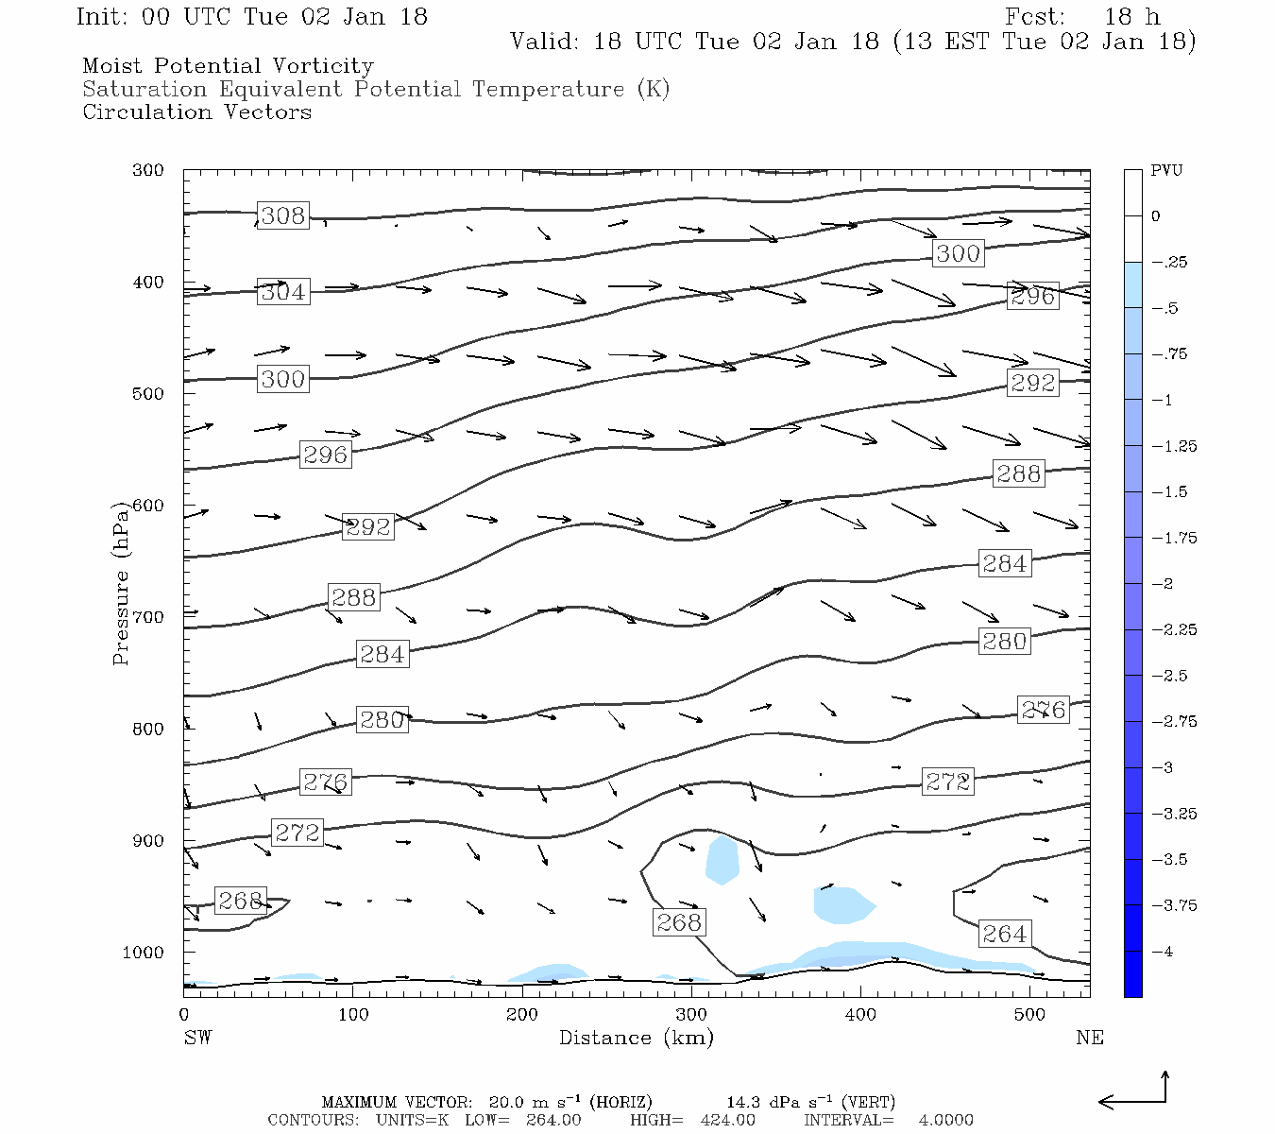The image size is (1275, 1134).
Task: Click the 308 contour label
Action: point(283,215)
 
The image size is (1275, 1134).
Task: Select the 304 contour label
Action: point(283,292)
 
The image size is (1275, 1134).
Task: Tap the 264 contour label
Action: point(1004,935)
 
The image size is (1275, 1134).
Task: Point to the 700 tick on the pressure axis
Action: point(148,617)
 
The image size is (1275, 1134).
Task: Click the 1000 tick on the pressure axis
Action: point(144,953)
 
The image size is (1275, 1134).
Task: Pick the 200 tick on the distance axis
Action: point(522,1015)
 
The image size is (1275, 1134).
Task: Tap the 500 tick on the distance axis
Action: point(1029,1015)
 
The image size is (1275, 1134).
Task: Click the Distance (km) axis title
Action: point(636,1038)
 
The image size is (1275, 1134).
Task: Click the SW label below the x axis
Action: point(197,1038)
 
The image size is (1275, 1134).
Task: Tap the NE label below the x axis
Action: point(1089,1038)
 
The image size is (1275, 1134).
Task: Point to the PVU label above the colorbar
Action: point(1165,171)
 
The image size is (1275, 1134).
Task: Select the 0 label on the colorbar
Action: point(1156,216)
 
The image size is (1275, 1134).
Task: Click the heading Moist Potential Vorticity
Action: point(228,66)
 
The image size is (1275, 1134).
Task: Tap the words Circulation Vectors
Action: point(196,112)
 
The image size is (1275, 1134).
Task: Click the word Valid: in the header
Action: point(543,42)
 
